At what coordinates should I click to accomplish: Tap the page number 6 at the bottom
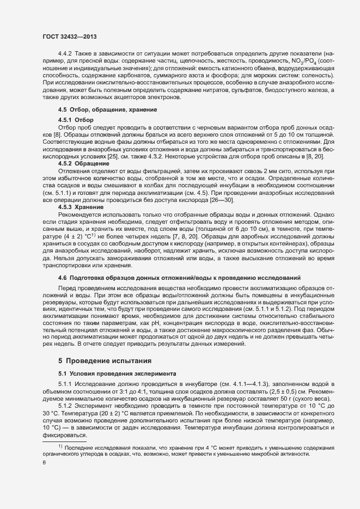tap(44, 463)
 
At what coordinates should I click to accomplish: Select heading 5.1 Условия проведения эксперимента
tap(117, 373)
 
